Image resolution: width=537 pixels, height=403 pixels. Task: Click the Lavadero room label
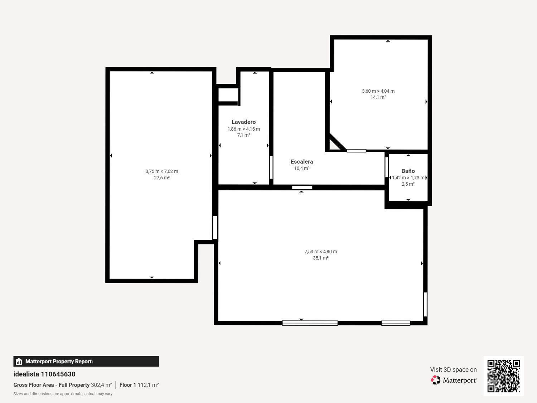tap(243, 122)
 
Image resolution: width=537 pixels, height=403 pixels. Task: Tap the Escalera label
tap(302, 162)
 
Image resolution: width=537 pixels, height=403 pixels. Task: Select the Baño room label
tap(408, 171)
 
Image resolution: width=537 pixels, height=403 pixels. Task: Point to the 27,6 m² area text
tap(162, 178)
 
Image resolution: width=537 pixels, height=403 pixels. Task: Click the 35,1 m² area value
tap(320, 258)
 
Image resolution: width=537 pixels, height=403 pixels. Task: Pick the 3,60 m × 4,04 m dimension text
tap(378, 91)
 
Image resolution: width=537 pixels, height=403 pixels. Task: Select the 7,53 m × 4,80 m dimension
tap(320, 252)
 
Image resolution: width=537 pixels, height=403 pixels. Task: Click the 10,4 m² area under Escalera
tap(302, 169)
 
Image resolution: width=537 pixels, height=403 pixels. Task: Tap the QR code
tap(503, 376)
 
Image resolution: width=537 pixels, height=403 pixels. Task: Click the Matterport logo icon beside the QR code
tap(435, 380)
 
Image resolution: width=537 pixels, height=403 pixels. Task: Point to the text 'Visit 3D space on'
tap(453, 370)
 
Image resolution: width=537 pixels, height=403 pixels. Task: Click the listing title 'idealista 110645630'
tap(44, 374)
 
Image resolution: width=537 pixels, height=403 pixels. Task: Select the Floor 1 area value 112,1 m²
tap(148, 385)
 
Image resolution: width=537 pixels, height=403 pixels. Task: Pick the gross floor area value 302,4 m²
tap(102, 385)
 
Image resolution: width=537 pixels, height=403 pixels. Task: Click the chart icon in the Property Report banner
tap(19, 361)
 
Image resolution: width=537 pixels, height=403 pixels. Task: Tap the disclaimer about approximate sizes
tap(63, 394)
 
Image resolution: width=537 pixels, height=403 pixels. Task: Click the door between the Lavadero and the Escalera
tap(271, 167)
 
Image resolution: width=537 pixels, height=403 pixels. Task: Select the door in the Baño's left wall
tap(387, 167)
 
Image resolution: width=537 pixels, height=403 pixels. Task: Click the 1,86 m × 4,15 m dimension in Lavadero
tap(244, 129)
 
